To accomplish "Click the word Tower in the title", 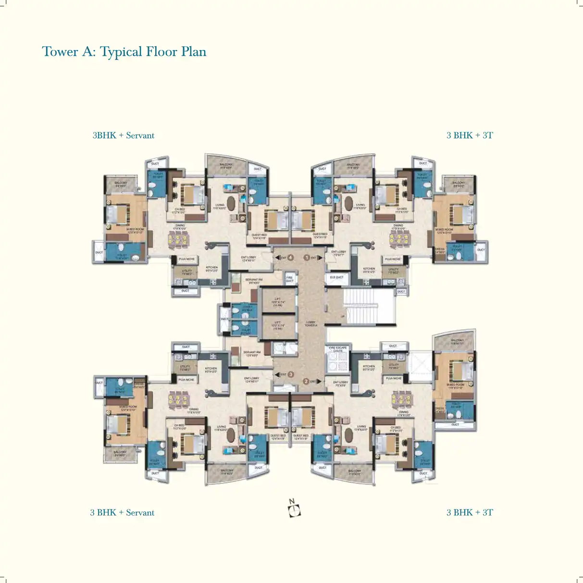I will point(60,52).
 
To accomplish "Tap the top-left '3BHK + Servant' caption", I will point(124,136).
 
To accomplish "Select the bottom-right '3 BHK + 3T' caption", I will point(470,512).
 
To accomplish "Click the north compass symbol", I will point(294,509).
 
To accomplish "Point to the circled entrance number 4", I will point(290,258).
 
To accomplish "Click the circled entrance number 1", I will point(307,258).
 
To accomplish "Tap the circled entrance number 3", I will point(290,374).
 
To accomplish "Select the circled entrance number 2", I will point(306,382).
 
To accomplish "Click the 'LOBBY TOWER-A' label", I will point(311,324).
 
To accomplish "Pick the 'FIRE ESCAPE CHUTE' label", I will point(338,349).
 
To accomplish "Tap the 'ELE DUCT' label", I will point(336,277).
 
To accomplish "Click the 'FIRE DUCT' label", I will point(289,279).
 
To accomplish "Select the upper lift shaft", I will point(278,301).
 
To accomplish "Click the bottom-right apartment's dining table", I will point(402,398).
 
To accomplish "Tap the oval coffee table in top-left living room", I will point(232,203).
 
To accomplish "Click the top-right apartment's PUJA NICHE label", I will point(393,259).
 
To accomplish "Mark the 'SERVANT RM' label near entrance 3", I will point(252,354).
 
